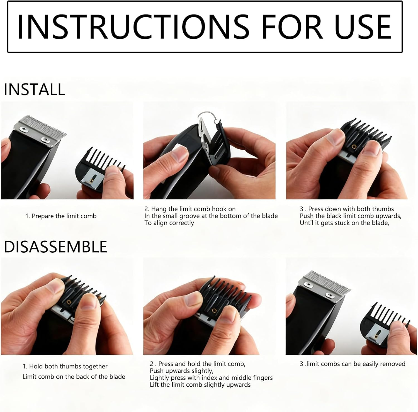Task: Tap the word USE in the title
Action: pos(363,27)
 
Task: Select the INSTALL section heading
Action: pos(35,89)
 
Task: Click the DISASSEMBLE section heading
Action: pos(55,247)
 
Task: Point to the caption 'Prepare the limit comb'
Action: pos(64,216)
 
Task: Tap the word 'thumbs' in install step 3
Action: pos(383,209)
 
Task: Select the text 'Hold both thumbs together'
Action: pos(68,366)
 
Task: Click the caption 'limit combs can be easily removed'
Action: pos(356,364)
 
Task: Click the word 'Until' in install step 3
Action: pos(306,223)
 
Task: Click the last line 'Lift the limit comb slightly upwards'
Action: pos(200,385)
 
